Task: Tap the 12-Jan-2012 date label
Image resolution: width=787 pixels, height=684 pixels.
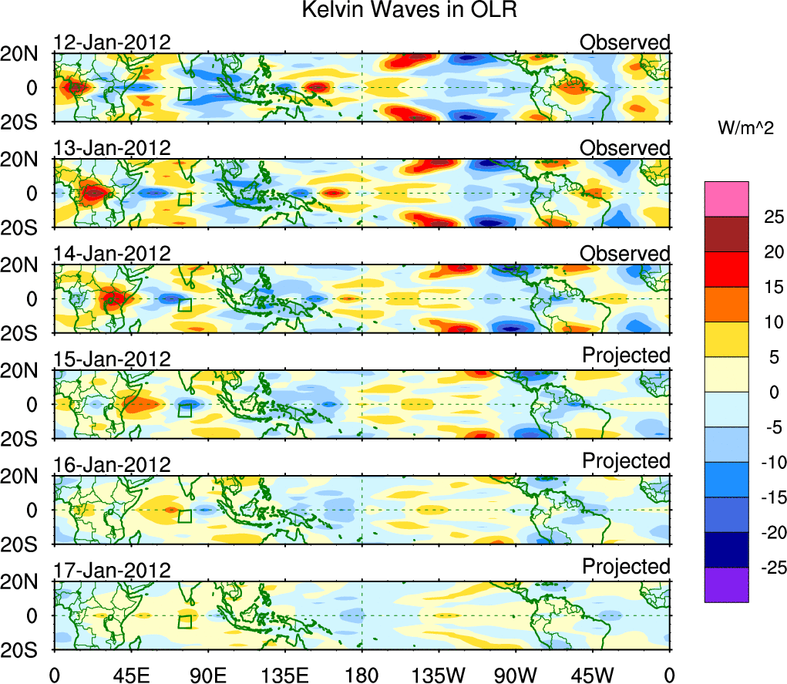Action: (x=112, y=42)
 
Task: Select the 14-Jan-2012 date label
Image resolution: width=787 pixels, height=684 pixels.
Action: (x=112, y=254)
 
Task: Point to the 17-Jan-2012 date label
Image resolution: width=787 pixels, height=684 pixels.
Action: (x=112, y=570)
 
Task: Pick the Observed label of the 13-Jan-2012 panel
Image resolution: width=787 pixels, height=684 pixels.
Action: (x=625, y=147)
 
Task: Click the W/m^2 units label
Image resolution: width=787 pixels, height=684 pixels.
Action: (x=745, y=128)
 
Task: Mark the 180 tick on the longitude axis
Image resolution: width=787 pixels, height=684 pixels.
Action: (x=362, y=675)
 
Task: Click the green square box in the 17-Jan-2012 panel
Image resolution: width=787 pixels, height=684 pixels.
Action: (x=185, y=622)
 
